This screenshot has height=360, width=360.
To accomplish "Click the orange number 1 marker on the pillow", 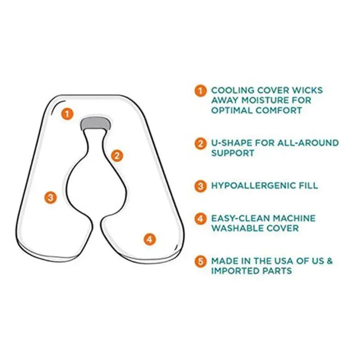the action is click(67, 114).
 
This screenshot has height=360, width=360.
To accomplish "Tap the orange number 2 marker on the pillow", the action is click(117, 156).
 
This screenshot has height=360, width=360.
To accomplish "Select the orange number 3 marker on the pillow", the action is click(50, 198).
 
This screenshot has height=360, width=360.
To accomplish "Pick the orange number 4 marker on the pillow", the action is click(150, 239).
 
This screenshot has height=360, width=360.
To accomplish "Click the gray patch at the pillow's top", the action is click(96, 123).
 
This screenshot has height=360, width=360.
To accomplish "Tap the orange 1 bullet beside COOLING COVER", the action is click(200, 91).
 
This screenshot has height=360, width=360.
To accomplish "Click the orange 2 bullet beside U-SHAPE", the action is click(200, 144).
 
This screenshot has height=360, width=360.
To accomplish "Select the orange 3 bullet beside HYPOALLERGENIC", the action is click(200, 186).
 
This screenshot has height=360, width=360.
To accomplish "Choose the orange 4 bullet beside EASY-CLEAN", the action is click(200, 219).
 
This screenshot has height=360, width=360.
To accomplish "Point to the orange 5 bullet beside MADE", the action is click(200, 261).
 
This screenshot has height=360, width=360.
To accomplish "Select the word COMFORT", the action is click(279, 110).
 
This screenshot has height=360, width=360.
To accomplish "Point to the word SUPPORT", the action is click(233, 153).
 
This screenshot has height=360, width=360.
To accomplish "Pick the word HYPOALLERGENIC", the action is click(253, 185).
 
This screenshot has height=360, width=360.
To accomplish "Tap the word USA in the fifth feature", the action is click(283, 261).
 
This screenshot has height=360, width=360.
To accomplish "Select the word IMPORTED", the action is click(235, 271).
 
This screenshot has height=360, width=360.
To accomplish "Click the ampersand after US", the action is click(329, 261).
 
